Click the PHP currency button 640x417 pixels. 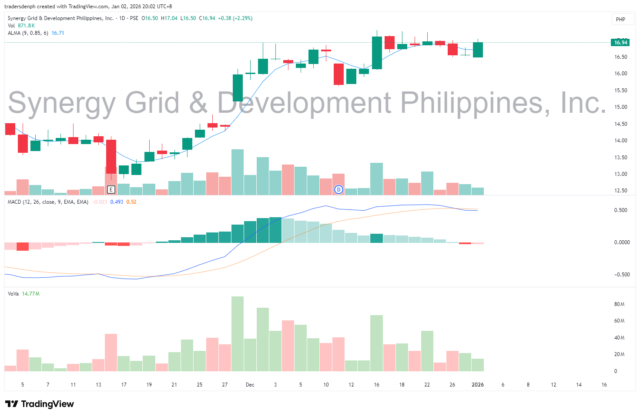[x=620, y=19]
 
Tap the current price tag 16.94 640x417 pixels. [x=620, y=42]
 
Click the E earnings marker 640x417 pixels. [x=111, y=189]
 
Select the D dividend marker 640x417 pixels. [x=338, y=189]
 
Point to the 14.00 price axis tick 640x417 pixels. [x=620, y=141]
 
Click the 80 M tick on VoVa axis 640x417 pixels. [x=619, y=304]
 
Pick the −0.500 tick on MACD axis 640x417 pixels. [x=621, y=275]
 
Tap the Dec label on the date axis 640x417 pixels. [x=250, y=385]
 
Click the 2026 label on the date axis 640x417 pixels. [x=478, y=385]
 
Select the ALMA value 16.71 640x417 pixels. [x=58, y=33]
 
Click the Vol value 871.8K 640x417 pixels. [x=26, y=26]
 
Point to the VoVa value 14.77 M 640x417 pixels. [x=30, y=294]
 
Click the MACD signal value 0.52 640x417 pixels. [x=131, y=202]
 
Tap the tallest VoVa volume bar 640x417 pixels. [x=238, y=333]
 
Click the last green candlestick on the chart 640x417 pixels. [x=478, y=50]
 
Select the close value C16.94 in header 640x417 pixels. [x=207, y=18]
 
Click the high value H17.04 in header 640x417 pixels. [x=169, y=18]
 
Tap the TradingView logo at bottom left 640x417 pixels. [x=40, y=404]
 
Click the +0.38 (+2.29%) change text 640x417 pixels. [x=235, y=18]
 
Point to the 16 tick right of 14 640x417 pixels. [x=604, y=385]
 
